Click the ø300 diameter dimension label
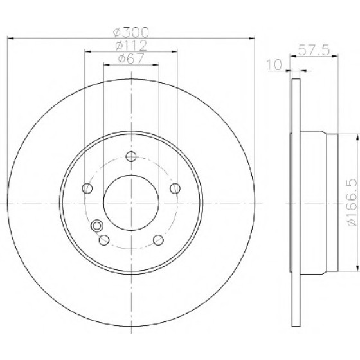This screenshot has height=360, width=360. (131, 32)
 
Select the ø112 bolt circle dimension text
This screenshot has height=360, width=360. (131, 46)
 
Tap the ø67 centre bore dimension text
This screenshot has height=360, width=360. (131, 59)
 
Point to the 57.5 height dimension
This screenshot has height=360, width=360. (314, 50)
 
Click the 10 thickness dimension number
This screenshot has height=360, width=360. (274, 65)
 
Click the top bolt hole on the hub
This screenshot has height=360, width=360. (131, 157)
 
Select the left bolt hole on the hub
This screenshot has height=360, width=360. (87, 188)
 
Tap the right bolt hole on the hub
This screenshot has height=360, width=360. (175, 188)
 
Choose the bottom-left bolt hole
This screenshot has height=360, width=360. (104, 240)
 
